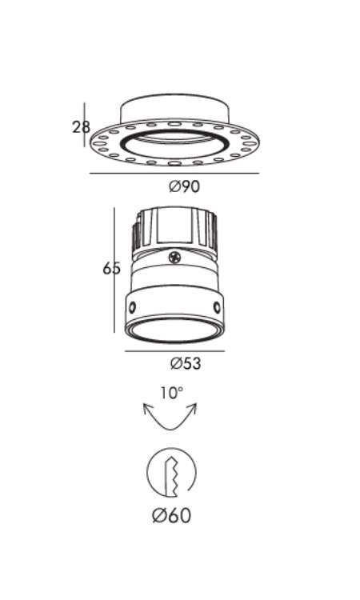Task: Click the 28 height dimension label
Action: (81, 126)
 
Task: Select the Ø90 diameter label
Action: (184, 186)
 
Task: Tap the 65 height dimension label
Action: (111, 269)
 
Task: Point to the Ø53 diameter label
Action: (186, 363)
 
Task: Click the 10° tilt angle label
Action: (171, 393)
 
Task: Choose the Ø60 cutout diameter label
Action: (171, 515)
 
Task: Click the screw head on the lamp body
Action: (174, 257)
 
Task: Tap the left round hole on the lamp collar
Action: (132, 307)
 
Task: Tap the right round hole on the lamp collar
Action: (217, 306)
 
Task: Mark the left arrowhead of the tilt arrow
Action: (147, 408)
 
